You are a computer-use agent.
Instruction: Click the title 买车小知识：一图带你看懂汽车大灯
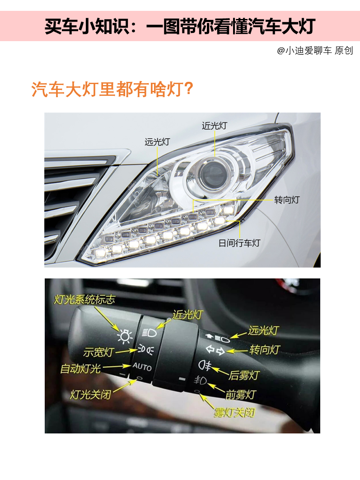pyautogui.click(x=180, y=27)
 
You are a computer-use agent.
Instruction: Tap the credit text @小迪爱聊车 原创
pyautogui.click(x=315, y=51)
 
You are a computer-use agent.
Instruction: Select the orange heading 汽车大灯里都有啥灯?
pyautogui.click(x=112, y=89)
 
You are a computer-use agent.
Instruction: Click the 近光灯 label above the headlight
pyautogui.click(x=214, y=126)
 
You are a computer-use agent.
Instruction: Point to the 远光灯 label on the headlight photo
pyautogui.click(x=157, y=142)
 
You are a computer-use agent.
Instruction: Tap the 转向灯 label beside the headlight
pyautogui.click(x=287, y=200)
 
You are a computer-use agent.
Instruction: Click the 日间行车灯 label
pyautogui.click(x=239, y=243)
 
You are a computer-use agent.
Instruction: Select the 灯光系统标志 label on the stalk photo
pyautogui.click(x=84, y=299)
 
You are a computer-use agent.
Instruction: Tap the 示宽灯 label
pyautogui.click(x=98, y=352)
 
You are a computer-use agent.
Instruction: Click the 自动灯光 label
pyautogui.click(x=80, y=368)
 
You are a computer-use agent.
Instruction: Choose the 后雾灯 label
pyautogui.click(x=244, y=375)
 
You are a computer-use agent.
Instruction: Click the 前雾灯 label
pyautogui.click(x=241, y=395)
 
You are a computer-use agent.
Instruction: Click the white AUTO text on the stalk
pyautogui.click(x=142, y=366)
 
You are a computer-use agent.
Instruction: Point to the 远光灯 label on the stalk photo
pyautogui.click(x=263, y=330)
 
